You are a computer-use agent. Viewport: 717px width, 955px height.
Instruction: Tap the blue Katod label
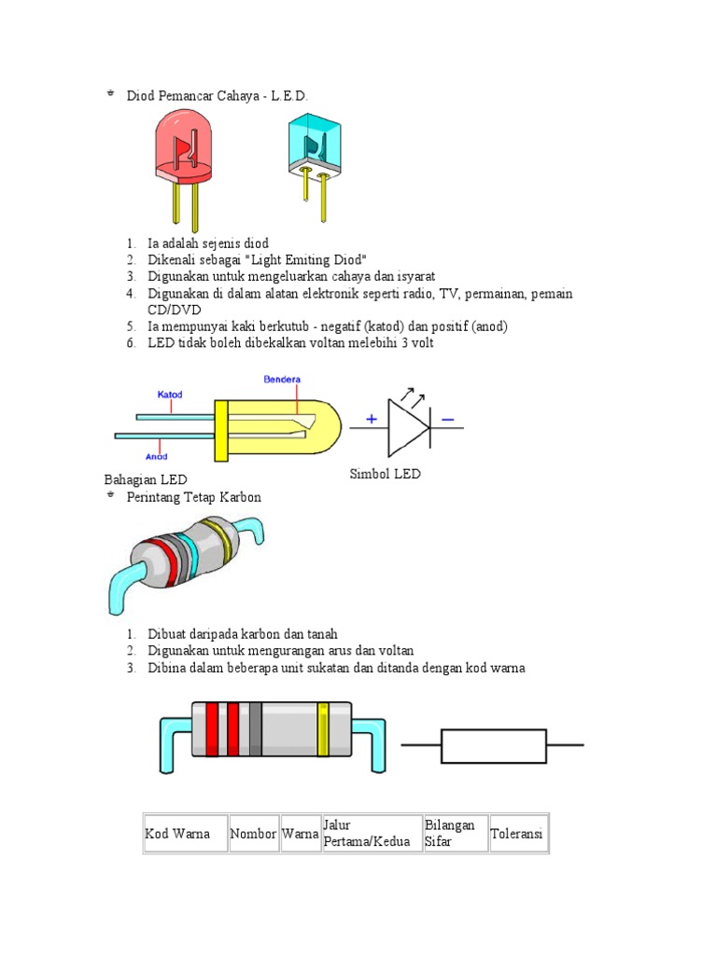tap(170, 394)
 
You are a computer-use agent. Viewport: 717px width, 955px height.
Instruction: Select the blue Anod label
tap(156, 456)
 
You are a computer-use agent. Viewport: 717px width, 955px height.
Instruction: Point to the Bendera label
tap(281, 381)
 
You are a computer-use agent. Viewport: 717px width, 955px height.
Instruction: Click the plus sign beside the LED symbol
tap(372, 420)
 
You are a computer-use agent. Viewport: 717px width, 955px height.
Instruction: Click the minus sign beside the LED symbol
tap(448, 420)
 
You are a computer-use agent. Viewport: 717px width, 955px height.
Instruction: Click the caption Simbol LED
tap(385, 474)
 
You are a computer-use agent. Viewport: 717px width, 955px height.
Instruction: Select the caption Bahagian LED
tap(146, 479)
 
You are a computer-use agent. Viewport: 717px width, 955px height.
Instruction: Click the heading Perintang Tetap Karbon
tap(194, 497)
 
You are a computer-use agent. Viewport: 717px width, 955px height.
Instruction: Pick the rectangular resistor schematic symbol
tap(493, 745)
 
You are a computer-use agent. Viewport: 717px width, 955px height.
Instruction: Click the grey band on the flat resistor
tap(255, 729)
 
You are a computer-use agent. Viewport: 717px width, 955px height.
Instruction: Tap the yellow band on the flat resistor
tap(323, 729)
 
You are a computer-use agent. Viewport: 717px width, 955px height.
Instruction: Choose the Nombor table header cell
tap(253, 833)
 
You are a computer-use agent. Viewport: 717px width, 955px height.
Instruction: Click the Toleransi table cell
tap(516, 833)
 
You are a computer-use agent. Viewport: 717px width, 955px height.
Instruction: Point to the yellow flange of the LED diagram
tap(221, 431)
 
